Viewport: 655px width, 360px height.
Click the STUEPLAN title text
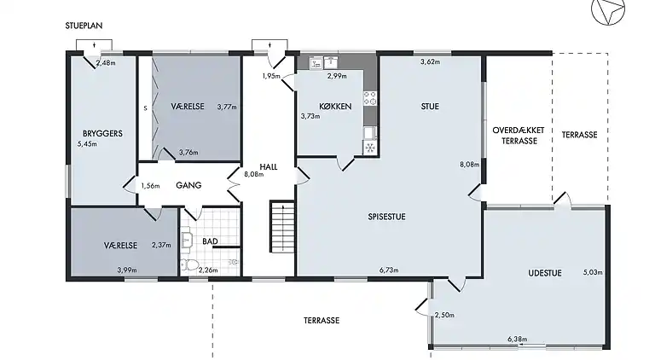point(84,26)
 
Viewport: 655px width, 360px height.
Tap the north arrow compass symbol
point(608,9)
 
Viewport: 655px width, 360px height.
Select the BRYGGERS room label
point(102,134)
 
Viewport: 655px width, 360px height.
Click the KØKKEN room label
point(335,107)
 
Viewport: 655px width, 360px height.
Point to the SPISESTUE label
point(387,217)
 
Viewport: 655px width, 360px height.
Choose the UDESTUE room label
point(545,273)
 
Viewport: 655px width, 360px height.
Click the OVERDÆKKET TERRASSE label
point(519,136)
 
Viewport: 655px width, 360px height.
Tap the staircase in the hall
point(283,227)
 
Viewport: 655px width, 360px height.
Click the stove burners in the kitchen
point(370,98)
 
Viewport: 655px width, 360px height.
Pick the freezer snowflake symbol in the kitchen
point(370,148)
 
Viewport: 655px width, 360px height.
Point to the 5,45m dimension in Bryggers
point(87,144)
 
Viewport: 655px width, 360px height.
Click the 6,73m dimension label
point(389,270)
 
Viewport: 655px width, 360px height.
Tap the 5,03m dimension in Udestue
point(593,273)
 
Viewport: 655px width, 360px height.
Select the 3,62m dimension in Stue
point(430,61)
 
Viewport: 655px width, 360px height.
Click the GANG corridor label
point(188,185)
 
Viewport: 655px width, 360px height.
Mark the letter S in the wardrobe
point(145,108)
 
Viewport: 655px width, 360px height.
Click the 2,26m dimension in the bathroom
point(208,270)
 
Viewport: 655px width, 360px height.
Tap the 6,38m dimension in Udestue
point(517,340)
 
